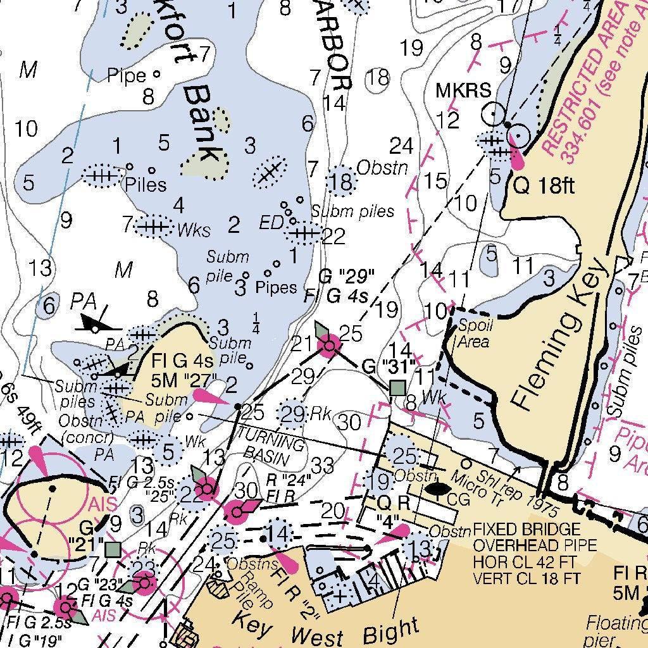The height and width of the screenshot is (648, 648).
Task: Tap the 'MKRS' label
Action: coord(463,90)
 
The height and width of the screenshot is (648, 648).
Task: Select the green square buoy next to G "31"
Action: coord(397,387)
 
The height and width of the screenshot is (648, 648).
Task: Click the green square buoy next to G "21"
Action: coord(113,549)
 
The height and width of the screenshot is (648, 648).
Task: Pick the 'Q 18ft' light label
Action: coord(543,186)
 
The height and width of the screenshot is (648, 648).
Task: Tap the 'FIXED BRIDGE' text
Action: coord(526,529)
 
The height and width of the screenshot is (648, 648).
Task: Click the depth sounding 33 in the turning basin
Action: coord(322,466)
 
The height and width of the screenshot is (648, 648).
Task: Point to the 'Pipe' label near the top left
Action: coord(126,76)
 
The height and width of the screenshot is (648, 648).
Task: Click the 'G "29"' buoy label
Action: coord(346,277)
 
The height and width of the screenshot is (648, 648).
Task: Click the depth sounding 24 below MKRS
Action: coord(401,146)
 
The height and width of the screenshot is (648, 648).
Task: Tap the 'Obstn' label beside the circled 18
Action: coord(383,168)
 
